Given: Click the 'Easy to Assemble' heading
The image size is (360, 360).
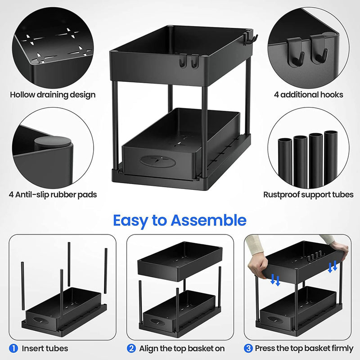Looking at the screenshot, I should [180, 220].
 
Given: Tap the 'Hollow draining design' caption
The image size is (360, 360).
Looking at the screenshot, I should [53, 94].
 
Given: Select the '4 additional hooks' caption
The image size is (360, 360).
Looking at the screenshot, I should [308, 94].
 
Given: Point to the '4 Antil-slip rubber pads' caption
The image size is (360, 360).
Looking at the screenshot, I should [53, 195].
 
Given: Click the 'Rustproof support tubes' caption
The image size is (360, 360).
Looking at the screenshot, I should [308, 195].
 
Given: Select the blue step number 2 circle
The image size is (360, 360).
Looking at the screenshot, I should [131, 348].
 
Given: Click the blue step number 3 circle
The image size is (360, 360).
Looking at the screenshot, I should [249, 348].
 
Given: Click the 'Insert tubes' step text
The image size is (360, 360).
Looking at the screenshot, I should [45, 348].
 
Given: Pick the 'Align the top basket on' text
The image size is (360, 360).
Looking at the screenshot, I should [182, 348].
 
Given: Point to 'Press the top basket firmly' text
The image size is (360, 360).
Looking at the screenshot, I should [304, 348].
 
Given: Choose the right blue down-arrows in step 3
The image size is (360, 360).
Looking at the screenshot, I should [333, 267].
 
